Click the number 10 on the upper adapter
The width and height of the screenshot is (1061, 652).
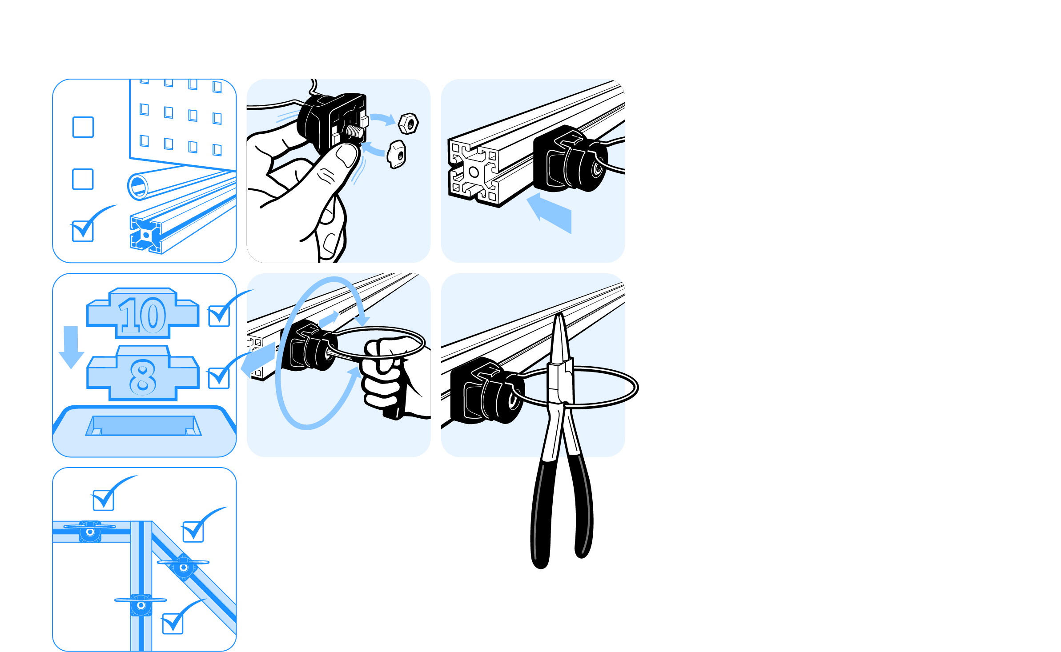point(142,315)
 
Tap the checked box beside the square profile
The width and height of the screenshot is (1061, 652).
point(83,231)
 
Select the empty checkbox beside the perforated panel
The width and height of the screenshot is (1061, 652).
point(83,127)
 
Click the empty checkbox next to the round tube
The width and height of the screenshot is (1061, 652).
point(83,179)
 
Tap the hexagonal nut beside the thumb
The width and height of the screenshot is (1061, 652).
point(408,124)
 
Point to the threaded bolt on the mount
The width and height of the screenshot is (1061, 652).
point(355,131)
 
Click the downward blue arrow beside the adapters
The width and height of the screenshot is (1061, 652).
point(71,347)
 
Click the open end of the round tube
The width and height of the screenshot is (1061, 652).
point(138,186)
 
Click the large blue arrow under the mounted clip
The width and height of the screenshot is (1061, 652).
point(549,213)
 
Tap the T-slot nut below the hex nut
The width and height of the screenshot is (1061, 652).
point(396,154)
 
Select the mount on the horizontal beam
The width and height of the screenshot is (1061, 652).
point(90,531)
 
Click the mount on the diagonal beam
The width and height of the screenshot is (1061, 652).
point(183,567)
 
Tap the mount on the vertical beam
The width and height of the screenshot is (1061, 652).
point(141,605)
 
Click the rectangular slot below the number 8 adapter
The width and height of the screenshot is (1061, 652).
point(144,425)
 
